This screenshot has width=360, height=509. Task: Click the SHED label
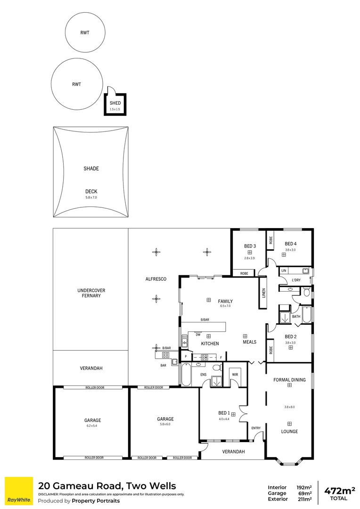tap(115, 103)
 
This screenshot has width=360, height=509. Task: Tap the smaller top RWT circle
tap(85, 33)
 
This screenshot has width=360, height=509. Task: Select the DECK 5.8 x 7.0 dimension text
tap(91, 198)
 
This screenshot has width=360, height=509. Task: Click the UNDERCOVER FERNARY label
tap(90, 293)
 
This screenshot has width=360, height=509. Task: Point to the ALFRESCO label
tap(155, 279)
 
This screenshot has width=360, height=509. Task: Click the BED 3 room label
tap(249, 246)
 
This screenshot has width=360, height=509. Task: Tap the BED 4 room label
tap(290, 243)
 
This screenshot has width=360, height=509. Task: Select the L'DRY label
tap(296, 280)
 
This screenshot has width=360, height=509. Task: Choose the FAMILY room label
tap(225, 301)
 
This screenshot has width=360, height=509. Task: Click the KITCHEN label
tap(210, 344)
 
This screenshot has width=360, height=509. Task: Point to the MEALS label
tap(249, 342)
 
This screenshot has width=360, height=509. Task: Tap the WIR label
tap(235, 375)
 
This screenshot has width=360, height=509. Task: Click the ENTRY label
tap(256, 428)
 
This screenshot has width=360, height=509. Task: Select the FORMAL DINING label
tap(289, 379)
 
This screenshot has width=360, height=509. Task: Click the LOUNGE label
tap(289, 431)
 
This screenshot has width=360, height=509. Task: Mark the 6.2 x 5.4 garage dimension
tap(92, 427)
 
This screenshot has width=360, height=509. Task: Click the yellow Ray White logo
tap(18, 491)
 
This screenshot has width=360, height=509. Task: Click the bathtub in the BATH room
tap(306, 315)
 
